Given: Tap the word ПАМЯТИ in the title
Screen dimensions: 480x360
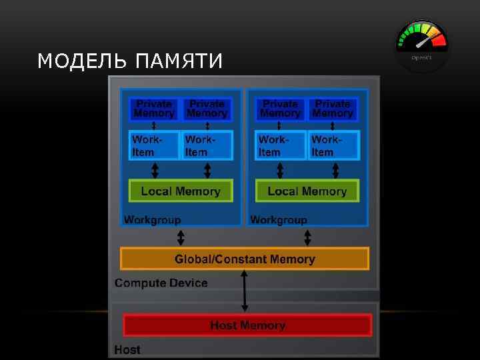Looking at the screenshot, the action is pyautogui.click(x=179, y=62).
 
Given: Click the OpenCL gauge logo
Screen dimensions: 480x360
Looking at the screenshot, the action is pyautogui.click(x=421, y=45).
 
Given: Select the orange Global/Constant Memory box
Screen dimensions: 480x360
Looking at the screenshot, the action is pyautogui.click(x=245, y=259).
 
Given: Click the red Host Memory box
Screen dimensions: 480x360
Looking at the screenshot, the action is pyautogui.click(x=247, y=325).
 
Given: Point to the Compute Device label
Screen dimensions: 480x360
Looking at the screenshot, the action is pyautogui.click(x=161, y=283).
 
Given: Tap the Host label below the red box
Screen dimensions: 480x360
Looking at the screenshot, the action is pyautogui.click(x=127, y=349).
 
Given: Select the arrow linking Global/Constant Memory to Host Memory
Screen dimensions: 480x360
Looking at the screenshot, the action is pyautogui.click(x=245, y=291).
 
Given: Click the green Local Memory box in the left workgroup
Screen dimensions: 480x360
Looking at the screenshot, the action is pyautogui.click(x=180, y=191).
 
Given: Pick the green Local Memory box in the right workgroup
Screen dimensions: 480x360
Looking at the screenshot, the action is pyautogui.click(x=307, y=191).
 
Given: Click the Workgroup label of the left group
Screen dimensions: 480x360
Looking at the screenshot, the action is pyautogui.click(x=152, y=220).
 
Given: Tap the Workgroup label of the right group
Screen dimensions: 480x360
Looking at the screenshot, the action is pyautogui.click(x=279, y=220).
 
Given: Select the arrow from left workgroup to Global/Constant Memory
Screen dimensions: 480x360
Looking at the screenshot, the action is pyautogui.click(x=181, y=237).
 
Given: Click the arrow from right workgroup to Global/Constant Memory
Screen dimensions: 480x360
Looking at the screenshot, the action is pyautogui.click(x=307, y=237).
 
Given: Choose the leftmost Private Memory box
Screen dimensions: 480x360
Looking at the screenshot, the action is pyautogui.click(x=154, y=109).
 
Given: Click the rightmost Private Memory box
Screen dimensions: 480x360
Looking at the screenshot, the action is pyautogui.click(x=333, y=109).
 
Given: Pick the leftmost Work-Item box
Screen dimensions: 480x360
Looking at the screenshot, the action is pyautogui.click(x=154, y=145).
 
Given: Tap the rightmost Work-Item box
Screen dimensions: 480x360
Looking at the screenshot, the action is pyautogui.click(x=333, y=145).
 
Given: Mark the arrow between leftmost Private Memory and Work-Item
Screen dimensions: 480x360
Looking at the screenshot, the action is pyautogui.click(x=154, y=126).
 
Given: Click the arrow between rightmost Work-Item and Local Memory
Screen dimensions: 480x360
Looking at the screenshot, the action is pyautogui.click(x=333, y=170).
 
